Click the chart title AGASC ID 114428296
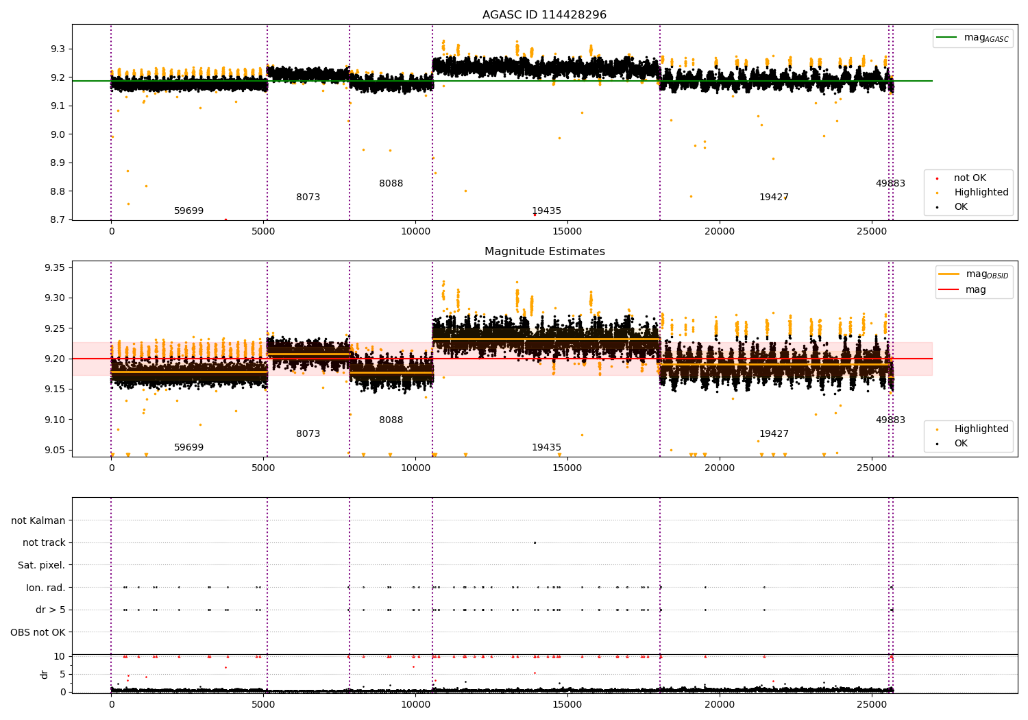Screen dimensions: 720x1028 pyautogui.click(x=544, y=15)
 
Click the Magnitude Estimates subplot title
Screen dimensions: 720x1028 pyautogui.click(x=544, y=252)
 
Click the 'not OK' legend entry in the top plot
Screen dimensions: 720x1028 pyautogui.click(x=969, y=178)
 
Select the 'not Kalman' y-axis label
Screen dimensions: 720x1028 pyautogui.click(x=38, y=521)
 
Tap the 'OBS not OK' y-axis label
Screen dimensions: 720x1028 pyautogui.click(x=38, y=632)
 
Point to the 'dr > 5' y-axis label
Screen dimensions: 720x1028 pyautogui.click(x=50, y=610)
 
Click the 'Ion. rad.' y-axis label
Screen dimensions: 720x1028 pyautogui.click(x=45, y=588)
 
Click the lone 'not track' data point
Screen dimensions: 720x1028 pyautogui.click(x=535, y=543)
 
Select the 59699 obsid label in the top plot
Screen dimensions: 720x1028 pyautogui.click(x=188, y=211)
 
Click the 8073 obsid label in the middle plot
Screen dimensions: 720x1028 pyautogui.click(x=308, y=434)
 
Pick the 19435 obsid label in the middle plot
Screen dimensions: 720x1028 pyautogui.click(x=546, y=448)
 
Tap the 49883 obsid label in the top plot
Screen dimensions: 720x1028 pyautogui.click(x=890, y=184)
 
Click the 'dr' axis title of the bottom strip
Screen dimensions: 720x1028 pyautogui.click(x=45, y=674)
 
